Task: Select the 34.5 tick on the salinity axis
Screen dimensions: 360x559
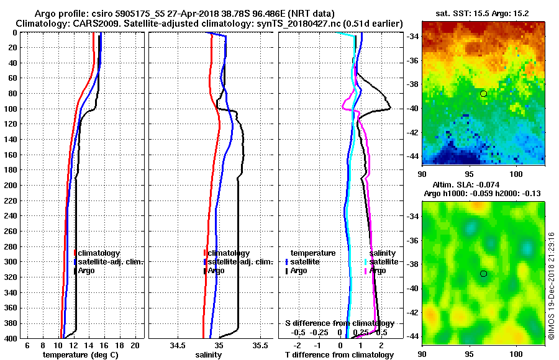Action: coord(178,345)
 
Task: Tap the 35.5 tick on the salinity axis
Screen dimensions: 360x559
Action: coord(260,345)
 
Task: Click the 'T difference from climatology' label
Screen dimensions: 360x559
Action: coord(339,355)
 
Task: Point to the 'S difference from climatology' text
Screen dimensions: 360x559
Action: coord(339,323)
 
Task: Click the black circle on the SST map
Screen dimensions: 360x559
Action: coord(483,94)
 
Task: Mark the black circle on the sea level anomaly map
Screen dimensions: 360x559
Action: coord(483,274)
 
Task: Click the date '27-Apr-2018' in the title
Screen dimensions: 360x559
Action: coord(180,13)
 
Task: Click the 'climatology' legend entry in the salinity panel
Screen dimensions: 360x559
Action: coord(229,253)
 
